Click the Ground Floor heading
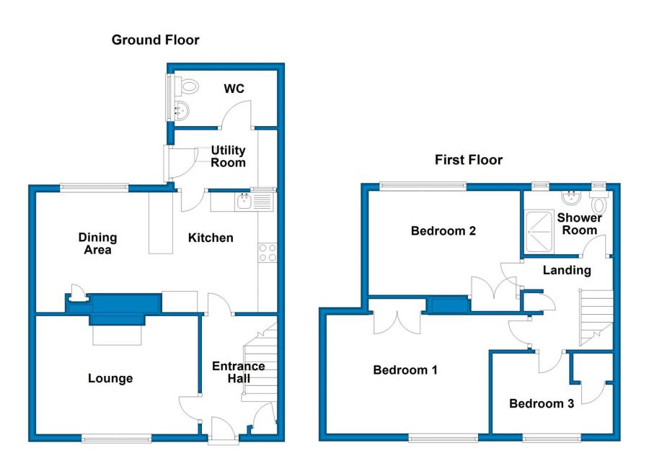tap(155, 40)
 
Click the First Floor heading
tap(469, 160)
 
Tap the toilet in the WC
tap(187, 86)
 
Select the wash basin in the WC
tap(182, 110)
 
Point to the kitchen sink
tap(244, 202)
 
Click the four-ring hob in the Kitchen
tap(268, 252)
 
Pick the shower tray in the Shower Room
tap(539, 232)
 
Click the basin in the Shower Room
tap(572, 197)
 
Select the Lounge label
tap(110, 378)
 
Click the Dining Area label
tap(97, 243)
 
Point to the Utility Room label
tap(228, 156)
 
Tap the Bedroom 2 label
tap(443, 230)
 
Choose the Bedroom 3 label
tap(542, 403)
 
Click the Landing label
tap(567, 271)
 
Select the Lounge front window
tap(117, 439)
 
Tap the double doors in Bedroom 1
tap(397, 323)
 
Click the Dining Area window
tap(94, 188)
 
